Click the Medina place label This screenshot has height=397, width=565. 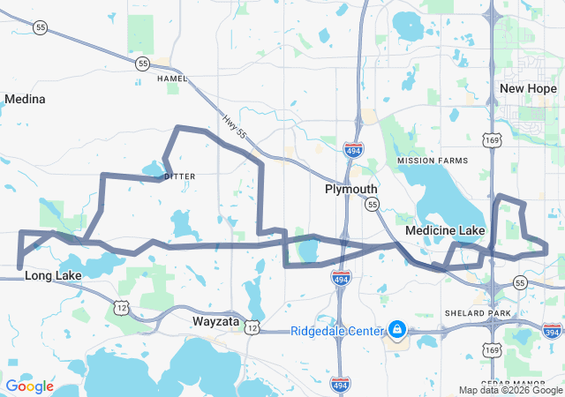25,99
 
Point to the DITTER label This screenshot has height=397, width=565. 179,176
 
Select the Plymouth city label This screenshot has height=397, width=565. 350,189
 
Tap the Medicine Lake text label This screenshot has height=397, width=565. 445,230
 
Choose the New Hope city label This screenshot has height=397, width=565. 528,88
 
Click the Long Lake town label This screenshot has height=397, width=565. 53,275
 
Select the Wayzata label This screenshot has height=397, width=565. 216,322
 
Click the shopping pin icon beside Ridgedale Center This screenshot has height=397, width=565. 396,330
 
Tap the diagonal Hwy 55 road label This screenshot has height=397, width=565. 234,129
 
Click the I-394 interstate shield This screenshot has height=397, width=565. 554,331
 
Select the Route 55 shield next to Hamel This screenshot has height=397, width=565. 142,64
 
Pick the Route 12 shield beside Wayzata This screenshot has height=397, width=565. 252,328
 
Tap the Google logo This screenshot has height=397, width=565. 30,386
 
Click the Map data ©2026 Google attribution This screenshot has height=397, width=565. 510,390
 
